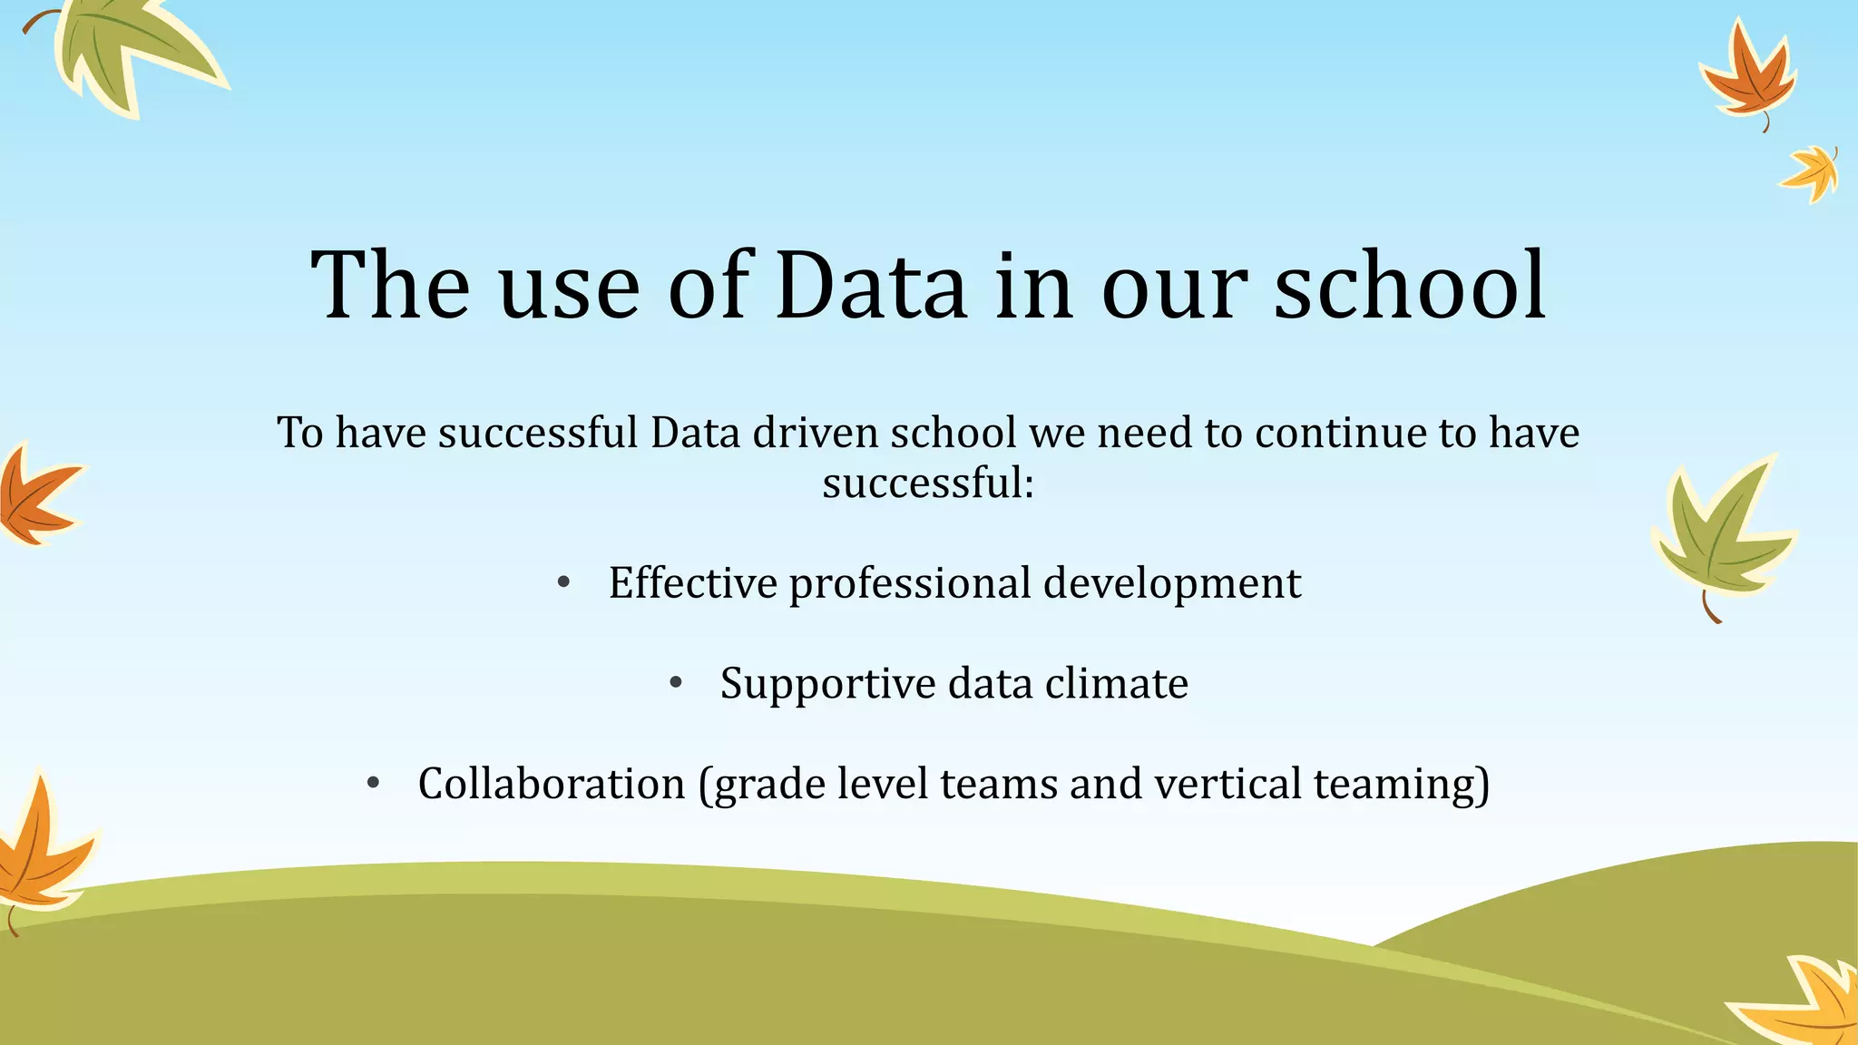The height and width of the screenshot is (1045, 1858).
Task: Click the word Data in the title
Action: coord(871,286)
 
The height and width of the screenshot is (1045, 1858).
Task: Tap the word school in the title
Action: coord(1411,286)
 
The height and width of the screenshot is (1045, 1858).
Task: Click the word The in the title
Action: coord(390,286)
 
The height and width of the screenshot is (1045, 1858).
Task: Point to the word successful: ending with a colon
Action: coord(928,483)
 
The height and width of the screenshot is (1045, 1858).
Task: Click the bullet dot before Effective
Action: coord(563,582)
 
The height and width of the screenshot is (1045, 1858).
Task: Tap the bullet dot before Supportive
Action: coord(675,683)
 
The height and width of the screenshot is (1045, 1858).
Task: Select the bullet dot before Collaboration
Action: coord(373,783)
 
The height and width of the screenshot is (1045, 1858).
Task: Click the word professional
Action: coord(910,584)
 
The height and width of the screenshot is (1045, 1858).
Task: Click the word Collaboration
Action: coord(552,783)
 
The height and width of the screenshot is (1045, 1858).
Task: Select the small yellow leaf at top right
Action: coord(1811,172)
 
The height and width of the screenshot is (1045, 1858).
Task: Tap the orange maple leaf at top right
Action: coord(1746,77)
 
